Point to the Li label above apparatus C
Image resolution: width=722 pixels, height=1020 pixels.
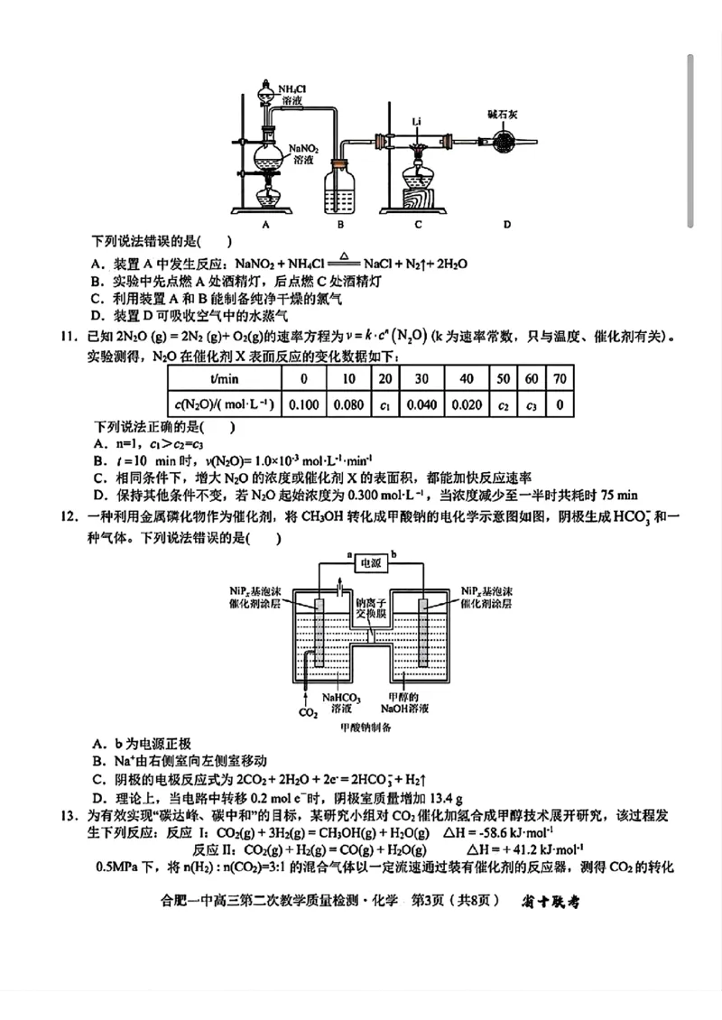click(417, 120)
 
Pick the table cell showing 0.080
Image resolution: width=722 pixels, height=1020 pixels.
click(348, 403)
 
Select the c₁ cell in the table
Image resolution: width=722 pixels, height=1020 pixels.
click(385, 403)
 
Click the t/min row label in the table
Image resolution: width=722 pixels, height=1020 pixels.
click(223, 378)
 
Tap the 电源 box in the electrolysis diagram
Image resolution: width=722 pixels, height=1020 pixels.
click(371, 562)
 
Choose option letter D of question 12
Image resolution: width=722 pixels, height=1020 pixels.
click(97, 798)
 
